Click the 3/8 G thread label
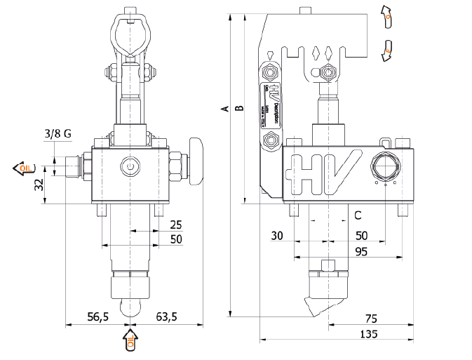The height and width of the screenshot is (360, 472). click(58, 133)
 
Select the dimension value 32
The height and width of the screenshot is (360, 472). click(39, 185)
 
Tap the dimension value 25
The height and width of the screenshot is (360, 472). click(175, 225)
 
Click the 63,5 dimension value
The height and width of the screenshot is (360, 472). click(166, 317)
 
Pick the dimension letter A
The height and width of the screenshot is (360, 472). click(224, 109)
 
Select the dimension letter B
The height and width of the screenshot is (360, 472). click(238, 109)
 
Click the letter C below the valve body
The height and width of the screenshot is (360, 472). click(357, 215)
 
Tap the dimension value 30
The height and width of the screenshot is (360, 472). click(276, 236)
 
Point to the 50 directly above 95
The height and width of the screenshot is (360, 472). click(362, 236)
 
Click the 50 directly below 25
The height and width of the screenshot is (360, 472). click(175, 239)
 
